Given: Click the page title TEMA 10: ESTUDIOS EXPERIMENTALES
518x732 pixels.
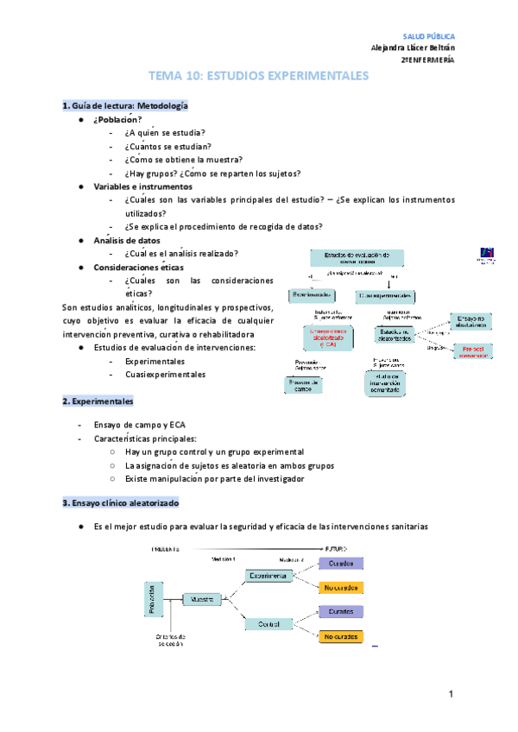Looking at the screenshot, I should click(259, 77).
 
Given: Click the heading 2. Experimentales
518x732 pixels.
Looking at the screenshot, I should click(98, 401).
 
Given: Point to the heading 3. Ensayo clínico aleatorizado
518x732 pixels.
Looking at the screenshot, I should click(131, 502).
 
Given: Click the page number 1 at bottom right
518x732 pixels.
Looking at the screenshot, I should click(452, 694).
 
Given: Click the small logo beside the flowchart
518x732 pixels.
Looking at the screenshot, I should click(488, 256).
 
